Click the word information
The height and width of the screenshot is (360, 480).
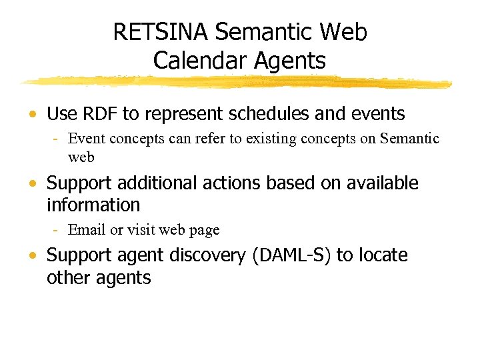[x=93, y=205]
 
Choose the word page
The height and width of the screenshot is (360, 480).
[x=204, y=231]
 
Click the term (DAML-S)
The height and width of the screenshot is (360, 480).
[x=291, y=255]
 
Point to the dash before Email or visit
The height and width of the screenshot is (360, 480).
[x=58, y=230]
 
